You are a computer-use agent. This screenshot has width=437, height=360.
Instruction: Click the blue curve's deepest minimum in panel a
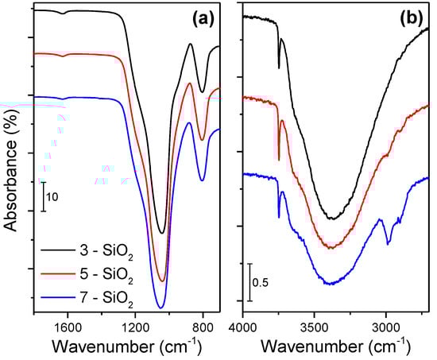tap(160, 307)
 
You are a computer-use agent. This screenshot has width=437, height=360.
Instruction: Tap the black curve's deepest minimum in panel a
tap(162, 233)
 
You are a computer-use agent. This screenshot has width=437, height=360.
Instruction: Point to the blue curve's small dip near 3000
tap(388, 243)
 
